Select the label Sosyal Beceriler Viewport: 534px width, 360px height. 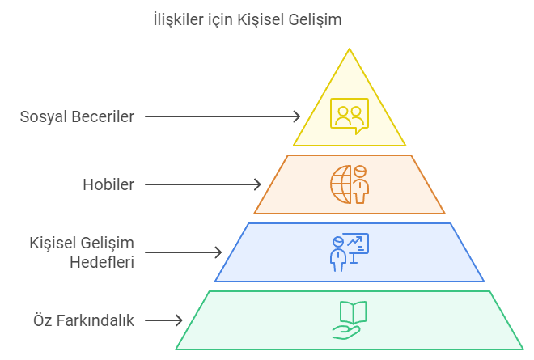77,116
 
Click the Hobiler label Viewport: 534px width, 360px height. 108,184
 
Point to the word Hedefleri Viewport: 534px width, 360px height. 102,262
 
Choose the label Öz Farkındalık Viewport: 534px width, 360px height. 84,320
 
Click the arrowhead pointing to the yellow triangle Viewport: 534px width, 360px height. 296,116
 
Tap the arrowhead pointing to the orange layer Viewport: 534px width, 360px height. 257,184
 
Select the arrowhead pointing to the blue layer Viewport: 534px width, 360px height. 218,252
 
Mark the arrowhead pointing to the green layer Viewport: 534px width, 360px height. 179,320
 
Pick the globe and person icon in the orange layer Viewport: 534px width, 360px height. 350,184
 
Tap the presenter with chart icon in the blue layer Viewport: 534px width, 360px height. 350,252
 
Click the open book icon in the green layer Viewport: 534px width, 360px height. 353,312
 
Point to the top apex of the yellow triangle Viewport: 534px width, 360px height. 350,49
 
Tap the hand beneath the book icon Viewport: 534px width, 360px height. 346,332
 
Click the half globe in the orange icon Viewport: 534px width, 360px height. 341,184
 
